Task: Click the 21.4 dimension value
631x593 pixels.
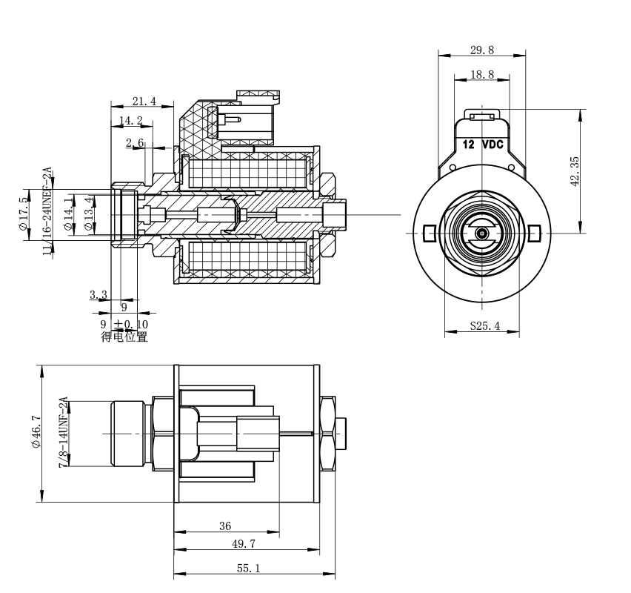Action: click(x=144, y=102)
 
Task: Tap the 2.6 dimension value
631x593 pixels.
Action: click(x=135, y=142)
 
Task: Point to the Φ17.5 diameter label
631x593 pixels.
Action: click(x=24, y=215)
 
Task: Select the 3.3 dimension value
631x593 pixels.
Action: click(x=98, y=295)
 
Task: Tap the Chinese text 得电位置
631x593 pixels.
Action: click(x=124, y=337)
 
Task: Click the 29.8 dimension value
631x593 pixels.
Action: click(x=482, y=50)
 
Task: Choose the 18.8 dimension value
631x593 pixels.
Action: click(x=482, y=75)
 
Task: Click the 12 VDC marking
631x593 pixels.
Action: click(x=482, y=145)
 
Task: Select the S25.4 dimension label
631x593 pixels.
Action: click(x=484, y=325)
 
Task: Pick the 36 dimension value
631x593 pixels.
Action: click(x=226, y=526)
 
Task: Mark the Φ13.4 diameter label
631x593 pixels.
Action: click(x=90, y=215)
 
